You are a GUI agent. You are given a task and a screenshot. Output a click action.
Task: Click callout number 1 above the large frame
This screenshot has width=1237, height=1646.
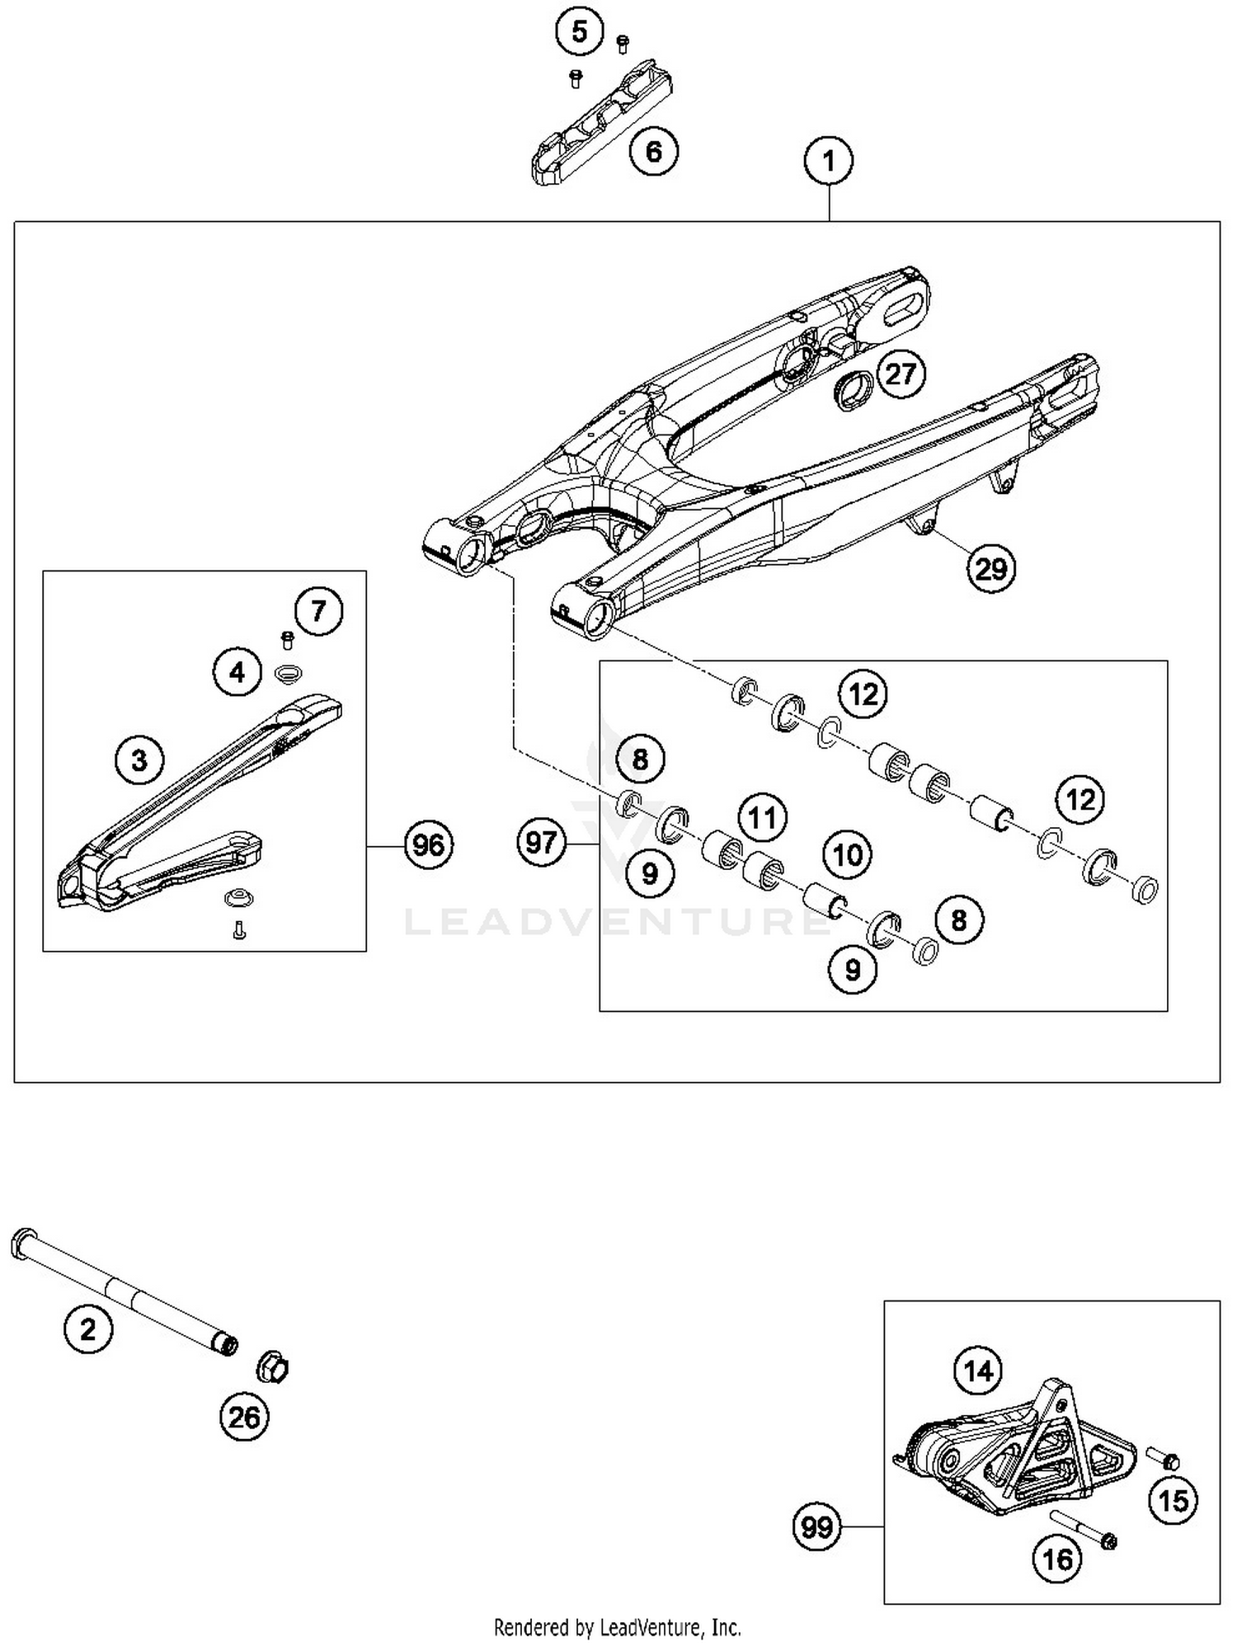[829, 161]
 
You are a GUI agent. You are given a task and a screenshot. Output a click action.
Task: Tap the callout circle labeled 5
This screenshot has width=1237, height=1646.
[580, 33]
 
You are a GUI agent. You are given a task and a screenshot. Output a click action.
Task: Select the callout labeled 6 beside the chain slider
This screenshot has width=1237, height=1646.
[653, 152]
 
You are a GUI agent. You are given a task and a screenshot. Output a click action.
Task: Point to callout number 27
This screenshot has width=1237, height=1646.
[901, 374]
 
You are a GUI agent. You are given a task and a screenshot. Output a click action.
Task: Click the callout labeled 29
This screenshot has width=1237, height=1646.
[990, 569]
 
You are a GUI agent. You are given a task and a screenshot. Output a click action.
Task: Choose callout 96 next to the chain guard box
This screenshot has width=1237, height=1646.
[428, 845]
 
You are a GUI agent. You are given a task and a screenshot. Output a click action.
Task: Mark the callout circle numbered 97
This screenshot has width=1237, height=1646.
[542, 843]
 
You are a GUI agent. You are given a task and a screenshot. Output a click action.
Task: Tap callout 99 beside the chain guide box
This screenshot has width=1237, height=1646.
[817, 1527]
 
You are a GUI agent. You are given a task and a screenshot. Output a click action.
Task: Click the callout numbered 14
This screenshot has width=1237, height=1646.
[978, 1371]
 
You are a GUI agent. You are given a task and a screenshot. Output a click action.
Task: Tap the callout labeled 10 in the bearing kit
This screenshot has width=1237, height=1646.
[848, 855]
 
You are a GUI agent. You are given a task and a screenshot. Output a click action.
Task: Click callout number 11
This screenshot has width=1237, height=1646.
[762, 818]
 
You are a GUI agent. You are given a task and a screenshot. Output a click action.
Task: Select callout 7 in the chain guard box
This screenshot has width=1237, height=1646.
[318, 611]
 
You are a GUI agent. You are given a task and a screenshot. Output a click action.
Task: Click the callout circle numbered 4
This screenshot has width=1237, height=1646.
[238, 673]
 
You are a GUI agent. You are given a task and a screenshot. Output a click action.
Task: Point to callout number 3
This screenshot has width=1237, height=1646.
[139, 760]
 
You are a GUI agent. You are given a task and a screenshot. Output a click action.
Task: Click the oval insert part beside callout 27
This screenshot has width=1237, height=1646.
[852, 389]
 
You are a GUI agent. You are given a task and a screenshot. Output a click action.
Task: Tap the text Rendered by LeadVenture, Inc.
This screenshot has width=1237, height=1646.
[617, 1627]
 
